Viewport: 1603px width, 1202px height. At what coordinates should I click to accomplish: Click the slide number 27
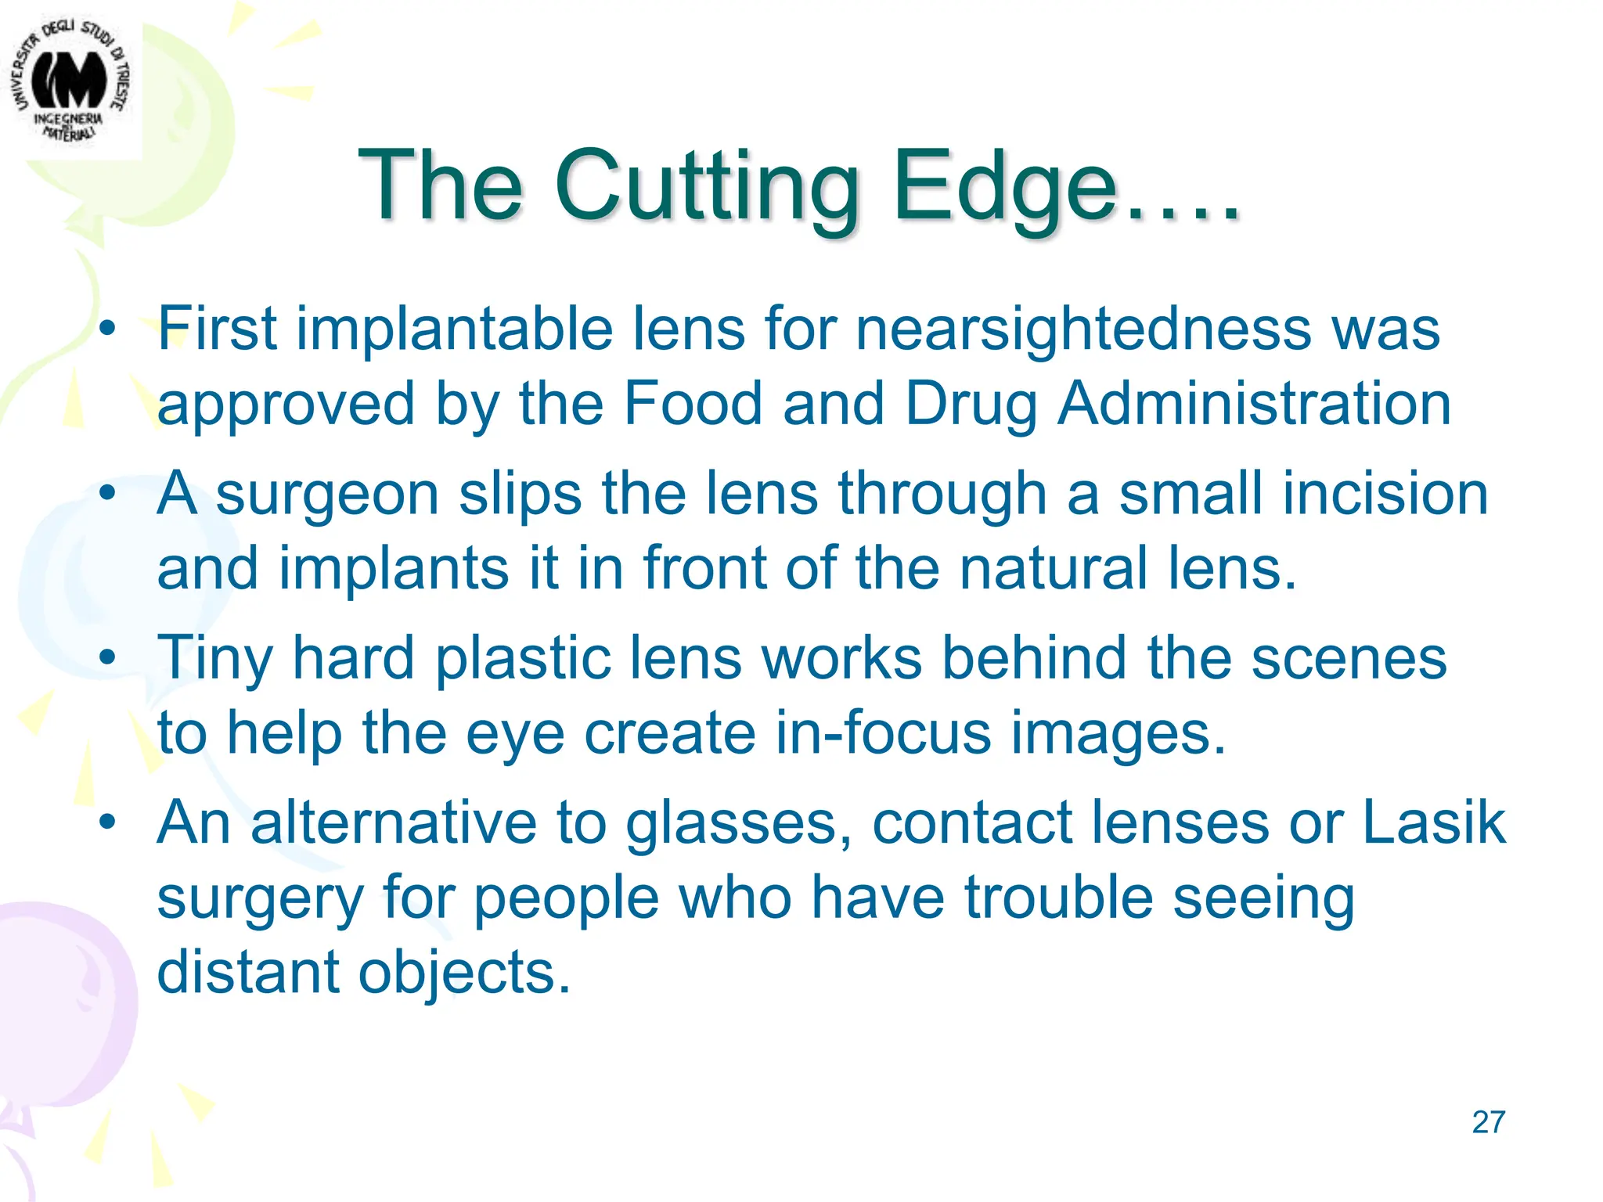[x=1488, y=1122]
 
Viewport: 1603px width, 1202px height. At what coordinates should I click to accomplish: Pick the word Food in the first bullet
[x=692, y=404]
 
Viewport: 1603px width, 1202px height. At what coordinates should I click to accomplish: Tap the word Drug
[x=971, y=405]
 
